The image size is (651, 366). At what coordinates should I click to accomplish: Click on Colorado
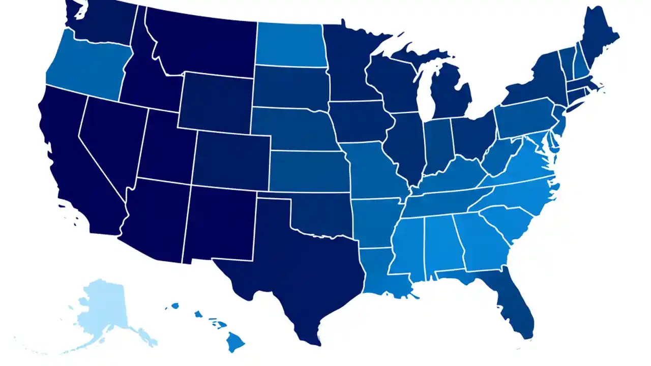click(231, 160)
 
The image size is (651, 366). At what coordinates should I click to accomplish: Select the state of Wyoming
click(216, 102)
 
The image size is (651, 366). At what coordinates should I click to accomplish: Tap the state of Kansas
click(308, 170)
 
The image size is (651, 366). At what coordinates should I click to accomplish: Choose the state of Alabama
click(441, 244)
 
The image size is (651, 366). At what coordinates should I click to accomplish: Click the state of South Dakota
click(290, 86)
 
